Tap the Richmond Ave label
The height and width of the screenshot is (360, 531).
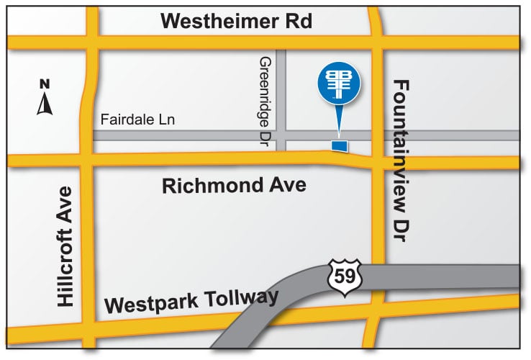(x=234, y=186)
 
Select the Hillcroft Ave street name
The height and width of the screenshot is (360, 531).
(x=65, y=247)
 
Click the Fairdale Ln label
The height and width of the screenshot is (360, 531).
(x=138, y=120)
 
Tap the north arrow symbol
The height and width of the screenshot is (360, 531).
(x=45, y=105)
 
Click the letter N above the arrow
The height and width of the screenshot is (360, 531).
(x=45, y=84)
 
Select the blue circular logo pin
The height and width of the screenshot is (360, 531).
(x=339, y=86)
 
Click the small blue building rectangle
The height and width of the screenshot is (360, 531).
(x=339, y=146)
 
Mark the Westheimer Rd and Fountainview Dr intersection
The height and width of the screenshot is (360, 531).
(x=376, y=42)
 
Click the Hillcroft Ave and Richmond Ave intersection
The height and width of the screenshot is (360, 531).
(x=88, y=161)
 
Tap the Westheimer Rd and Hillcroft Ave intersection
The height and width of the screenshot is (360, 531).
(x=92, y=41)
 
